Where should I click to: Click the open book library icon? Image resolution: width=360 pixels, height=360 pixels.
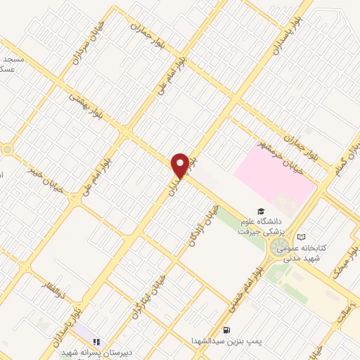coord(302,238)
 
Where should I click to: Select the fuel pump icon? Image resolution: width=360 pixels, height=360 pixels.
coord(226,330)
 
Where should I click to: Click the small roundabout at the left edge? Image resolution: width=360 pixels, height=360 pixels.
coord(7,149)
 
